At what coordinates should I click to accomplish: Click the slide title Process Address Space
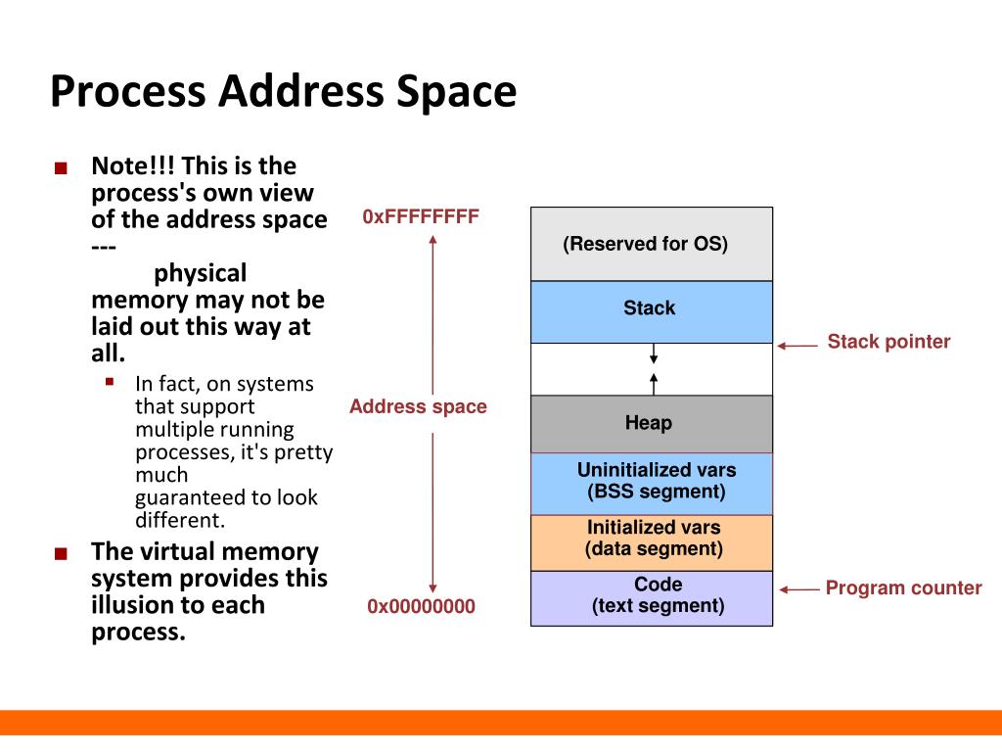coord(283,92)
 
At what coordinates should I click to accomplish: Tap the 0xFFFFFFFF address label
coord(421,216)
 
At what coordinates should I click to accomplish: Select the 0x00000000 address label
coord(421,607)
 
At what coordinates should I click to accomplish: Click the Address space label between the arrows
coord(418,406)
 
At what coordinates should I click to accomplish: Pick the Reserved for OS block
coord(651,244)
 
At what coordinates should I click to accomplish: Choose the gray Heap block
coord(651,423)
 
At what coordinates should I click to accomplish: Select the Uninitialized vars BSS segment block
coord(651,482)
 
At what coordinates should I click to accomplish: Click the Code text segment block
coord(651,596)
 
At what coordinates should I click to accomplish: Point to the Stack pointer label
coord(888,342)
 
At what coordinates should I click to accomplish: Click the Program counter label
coord(903,588)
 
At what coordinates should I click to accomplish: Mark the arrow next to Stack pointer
coord(797,345)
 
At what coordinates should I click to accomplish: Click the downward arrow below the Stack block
coord(654,353)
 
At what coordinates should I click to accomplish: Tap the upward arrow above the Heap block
coord(654,382)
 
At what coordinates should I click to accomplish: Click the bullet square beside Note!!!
coord(62,168)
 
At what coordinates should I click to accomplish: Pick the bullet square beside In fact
coord(111,382)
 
